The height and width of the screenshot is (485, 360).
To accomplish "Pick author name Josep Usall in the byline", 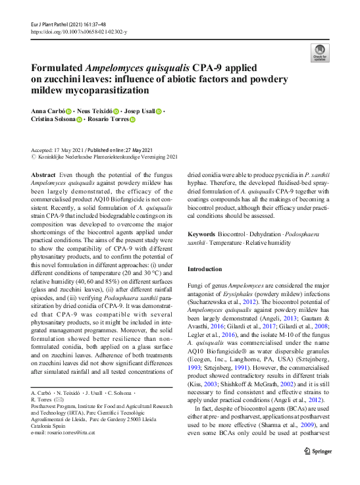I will tap(140, 112).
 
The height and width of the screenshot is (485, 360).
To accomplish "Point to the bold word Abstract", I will tap(43, 176).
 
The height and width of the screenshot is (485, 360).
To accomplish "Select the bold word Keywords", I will tap(201, 234).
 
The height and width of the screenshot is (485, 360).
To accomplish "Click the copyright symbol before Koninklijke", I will tap(34, 158).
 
